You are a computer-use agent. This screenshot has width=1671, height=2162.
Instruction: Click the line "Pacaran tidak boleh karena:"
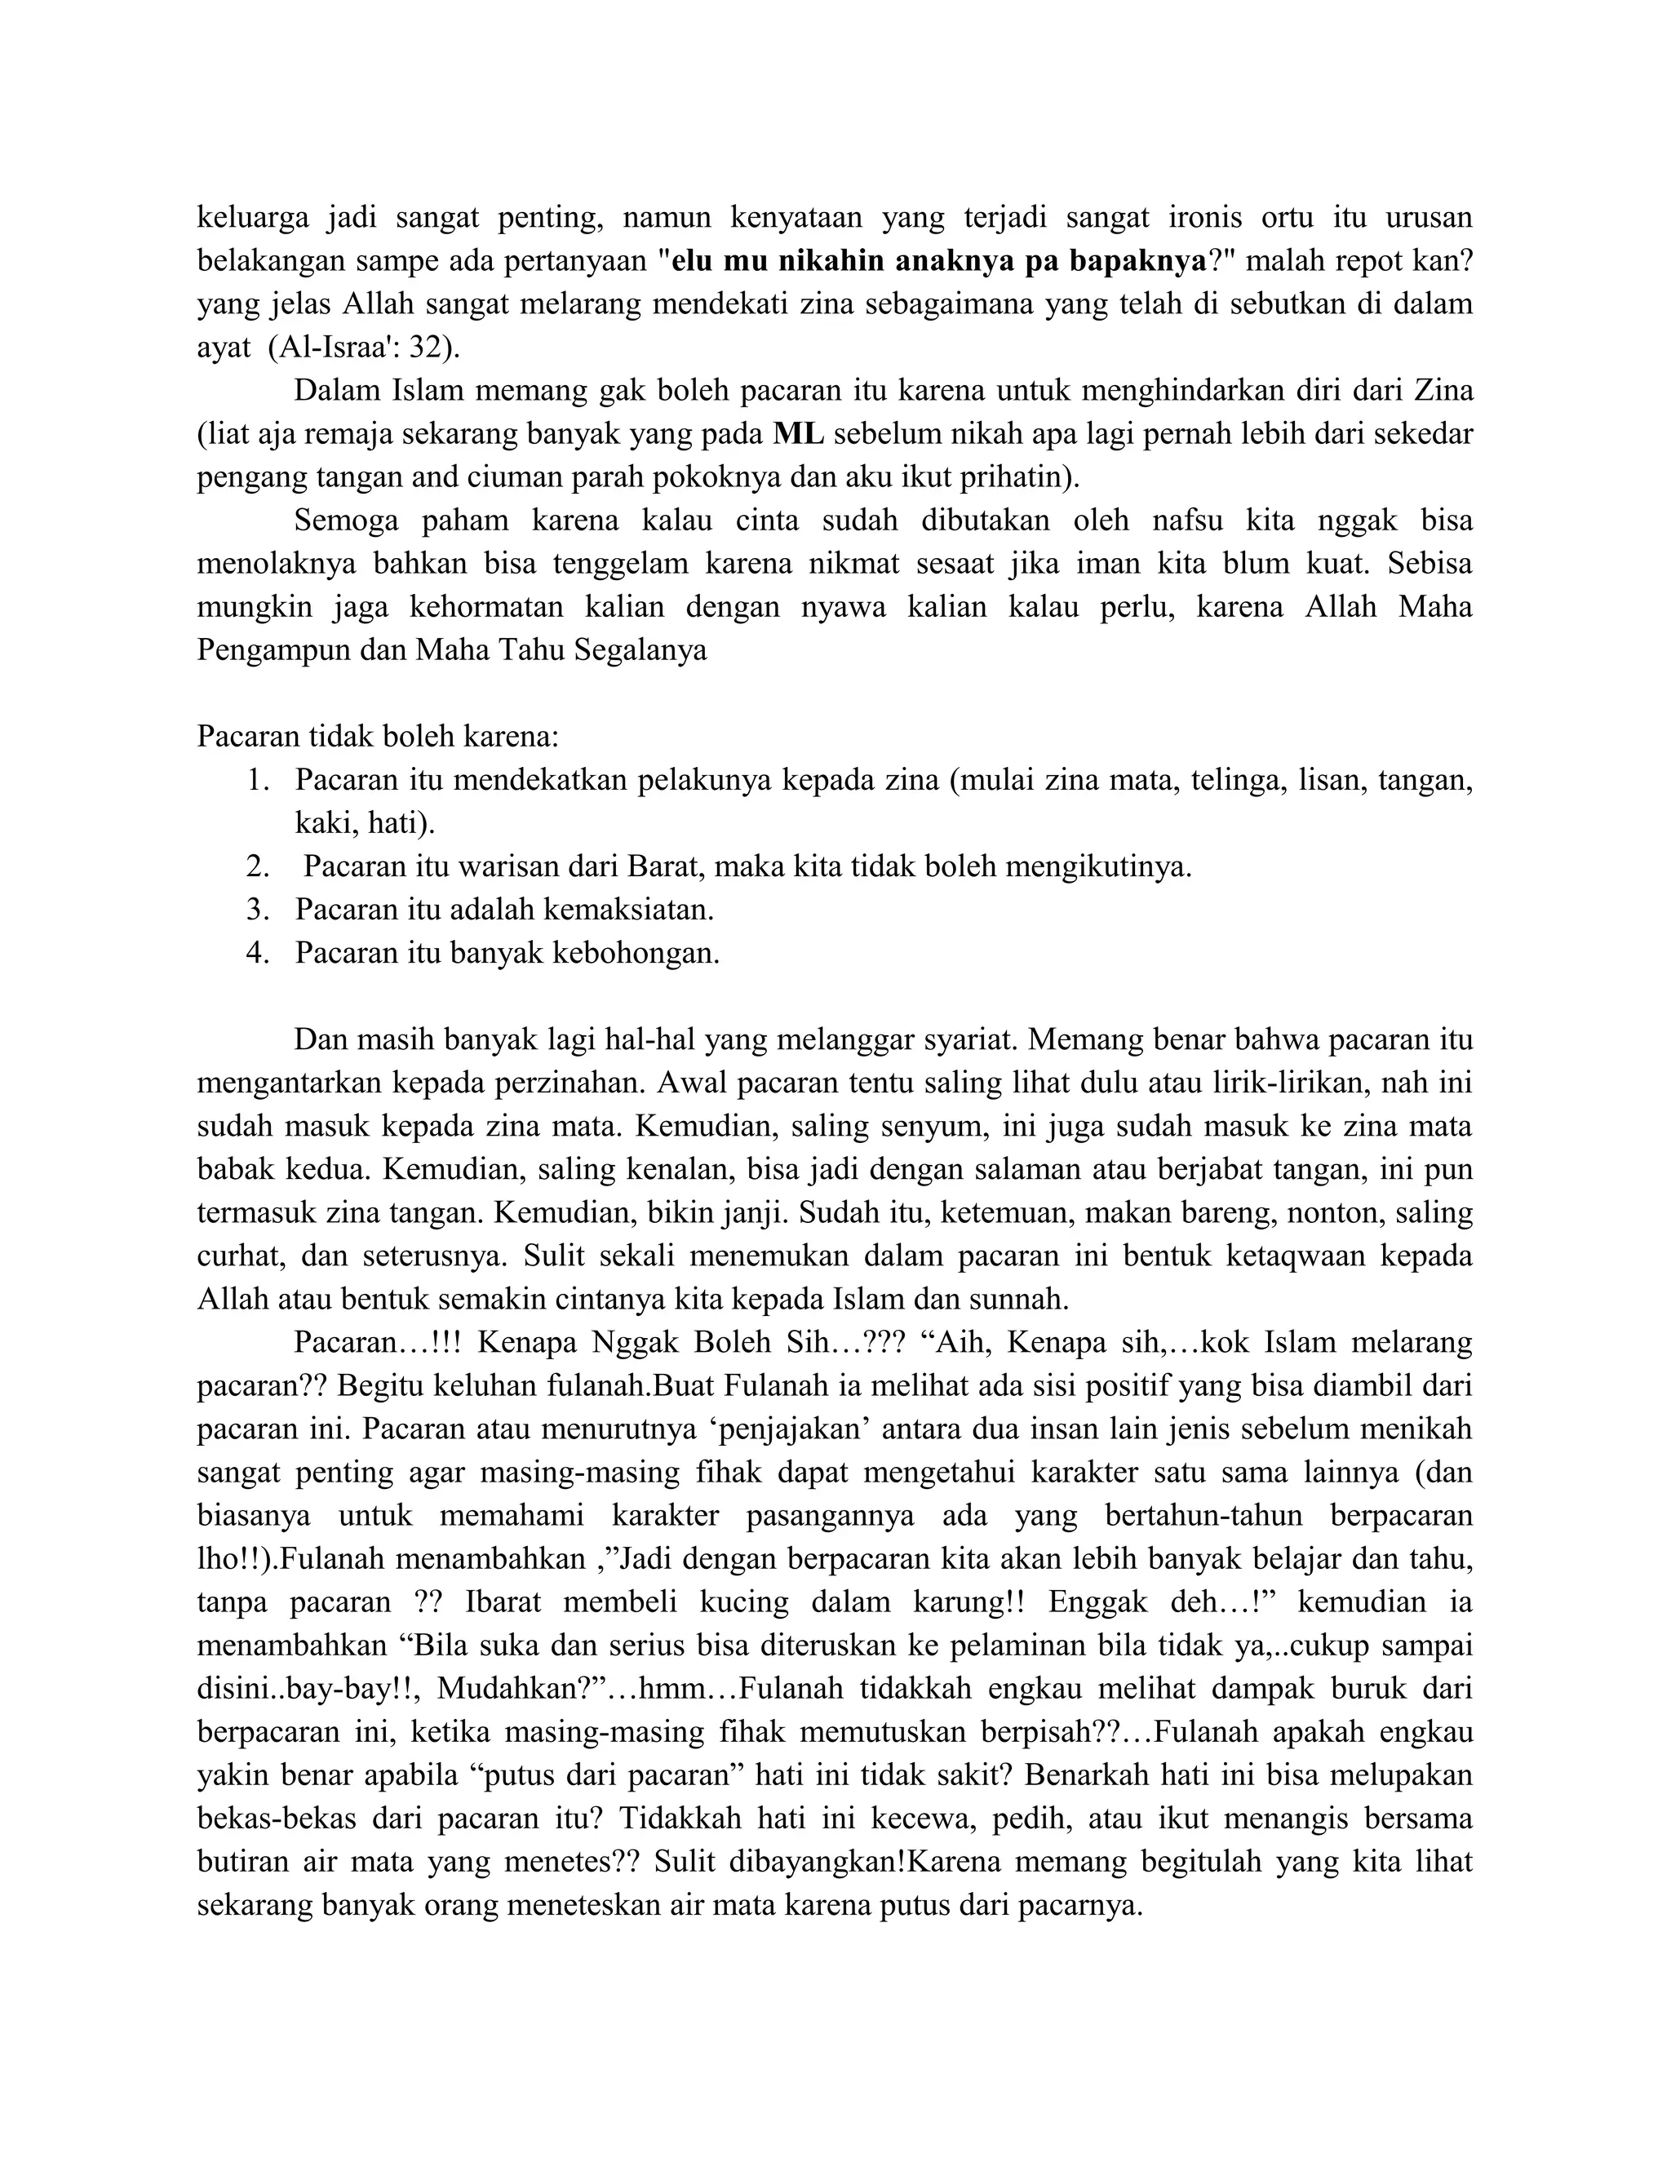pyautogui.click(x=378, y=737)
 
